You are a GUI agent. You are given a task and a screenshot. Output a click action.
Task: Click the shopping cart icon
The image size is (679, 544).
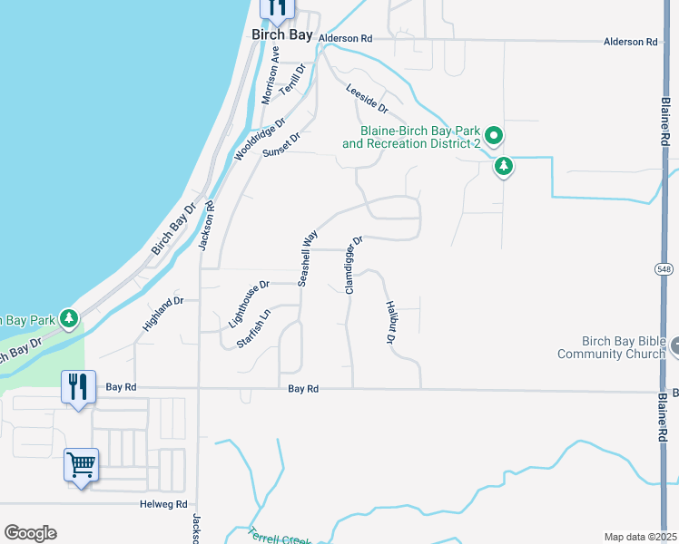81,466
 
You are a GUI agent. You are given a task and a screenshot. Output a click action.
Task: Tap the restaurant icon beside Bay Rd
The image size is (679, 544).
77,388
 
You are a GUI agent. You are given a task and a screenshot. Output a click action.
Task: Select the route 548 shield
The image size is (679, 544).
664,268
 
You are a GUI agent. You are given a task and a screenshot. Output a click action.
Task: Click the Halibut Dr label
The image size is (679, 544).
390,323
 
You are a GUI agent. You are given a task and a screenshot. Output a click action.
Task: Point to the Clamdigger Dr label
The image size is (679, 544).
353,265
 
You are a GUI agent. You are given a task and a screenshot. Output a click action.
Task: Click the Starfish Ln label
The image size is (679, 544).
253,329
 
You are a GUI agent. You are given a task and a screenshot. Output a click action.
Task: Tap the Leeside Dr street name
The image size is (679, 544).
367,99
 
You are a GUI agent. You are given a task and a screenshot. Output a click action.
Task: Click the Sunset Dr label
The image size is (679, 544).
280,146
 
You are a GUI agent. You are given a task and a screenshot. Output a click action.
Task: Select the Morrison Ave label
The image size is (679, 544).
270,82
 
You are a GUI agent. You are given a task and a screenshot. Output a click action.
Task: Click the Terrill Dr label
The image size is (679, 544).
294,81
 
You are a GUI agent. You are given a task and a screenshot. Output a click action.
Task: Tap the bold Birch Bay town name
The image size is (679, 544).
281,35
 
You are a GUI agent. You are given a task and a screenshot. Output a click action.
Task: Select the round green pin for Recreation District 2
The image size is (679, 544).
494,137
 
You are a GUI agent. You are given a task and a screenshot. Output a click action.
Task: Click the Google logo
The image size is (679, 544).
30,533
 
